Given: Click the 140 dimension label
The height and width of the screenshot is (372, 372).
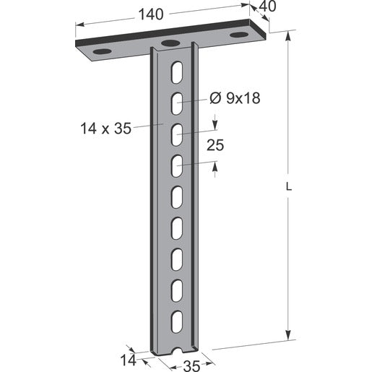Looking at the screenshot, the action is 151,14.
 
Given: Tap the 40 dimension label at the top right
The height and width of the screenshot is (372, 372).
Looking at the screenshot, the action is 267,7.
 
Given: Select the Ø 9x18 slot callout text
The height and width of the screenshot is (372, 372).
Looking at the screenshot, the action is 235,98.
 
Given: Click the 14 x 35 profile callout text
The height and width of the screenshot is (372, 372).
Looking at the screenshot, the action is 105,128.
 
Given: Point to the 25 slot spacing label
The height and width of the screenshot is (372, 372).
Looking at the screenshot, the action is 215,145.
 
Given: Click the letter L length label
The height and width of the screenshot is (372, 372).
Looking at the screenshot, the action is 289,187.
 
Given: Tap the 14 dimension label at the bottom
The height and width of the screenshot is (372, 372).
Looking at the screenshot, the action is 128,360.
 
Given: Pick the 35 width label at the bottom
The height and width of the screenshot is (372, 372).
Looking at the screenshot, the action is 191,366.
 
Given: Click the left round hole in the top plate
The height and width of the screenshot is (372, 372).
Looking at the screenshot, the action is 103,51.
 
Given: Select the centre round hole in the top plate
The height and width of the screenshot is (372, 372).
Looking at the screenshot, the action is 170,43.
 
